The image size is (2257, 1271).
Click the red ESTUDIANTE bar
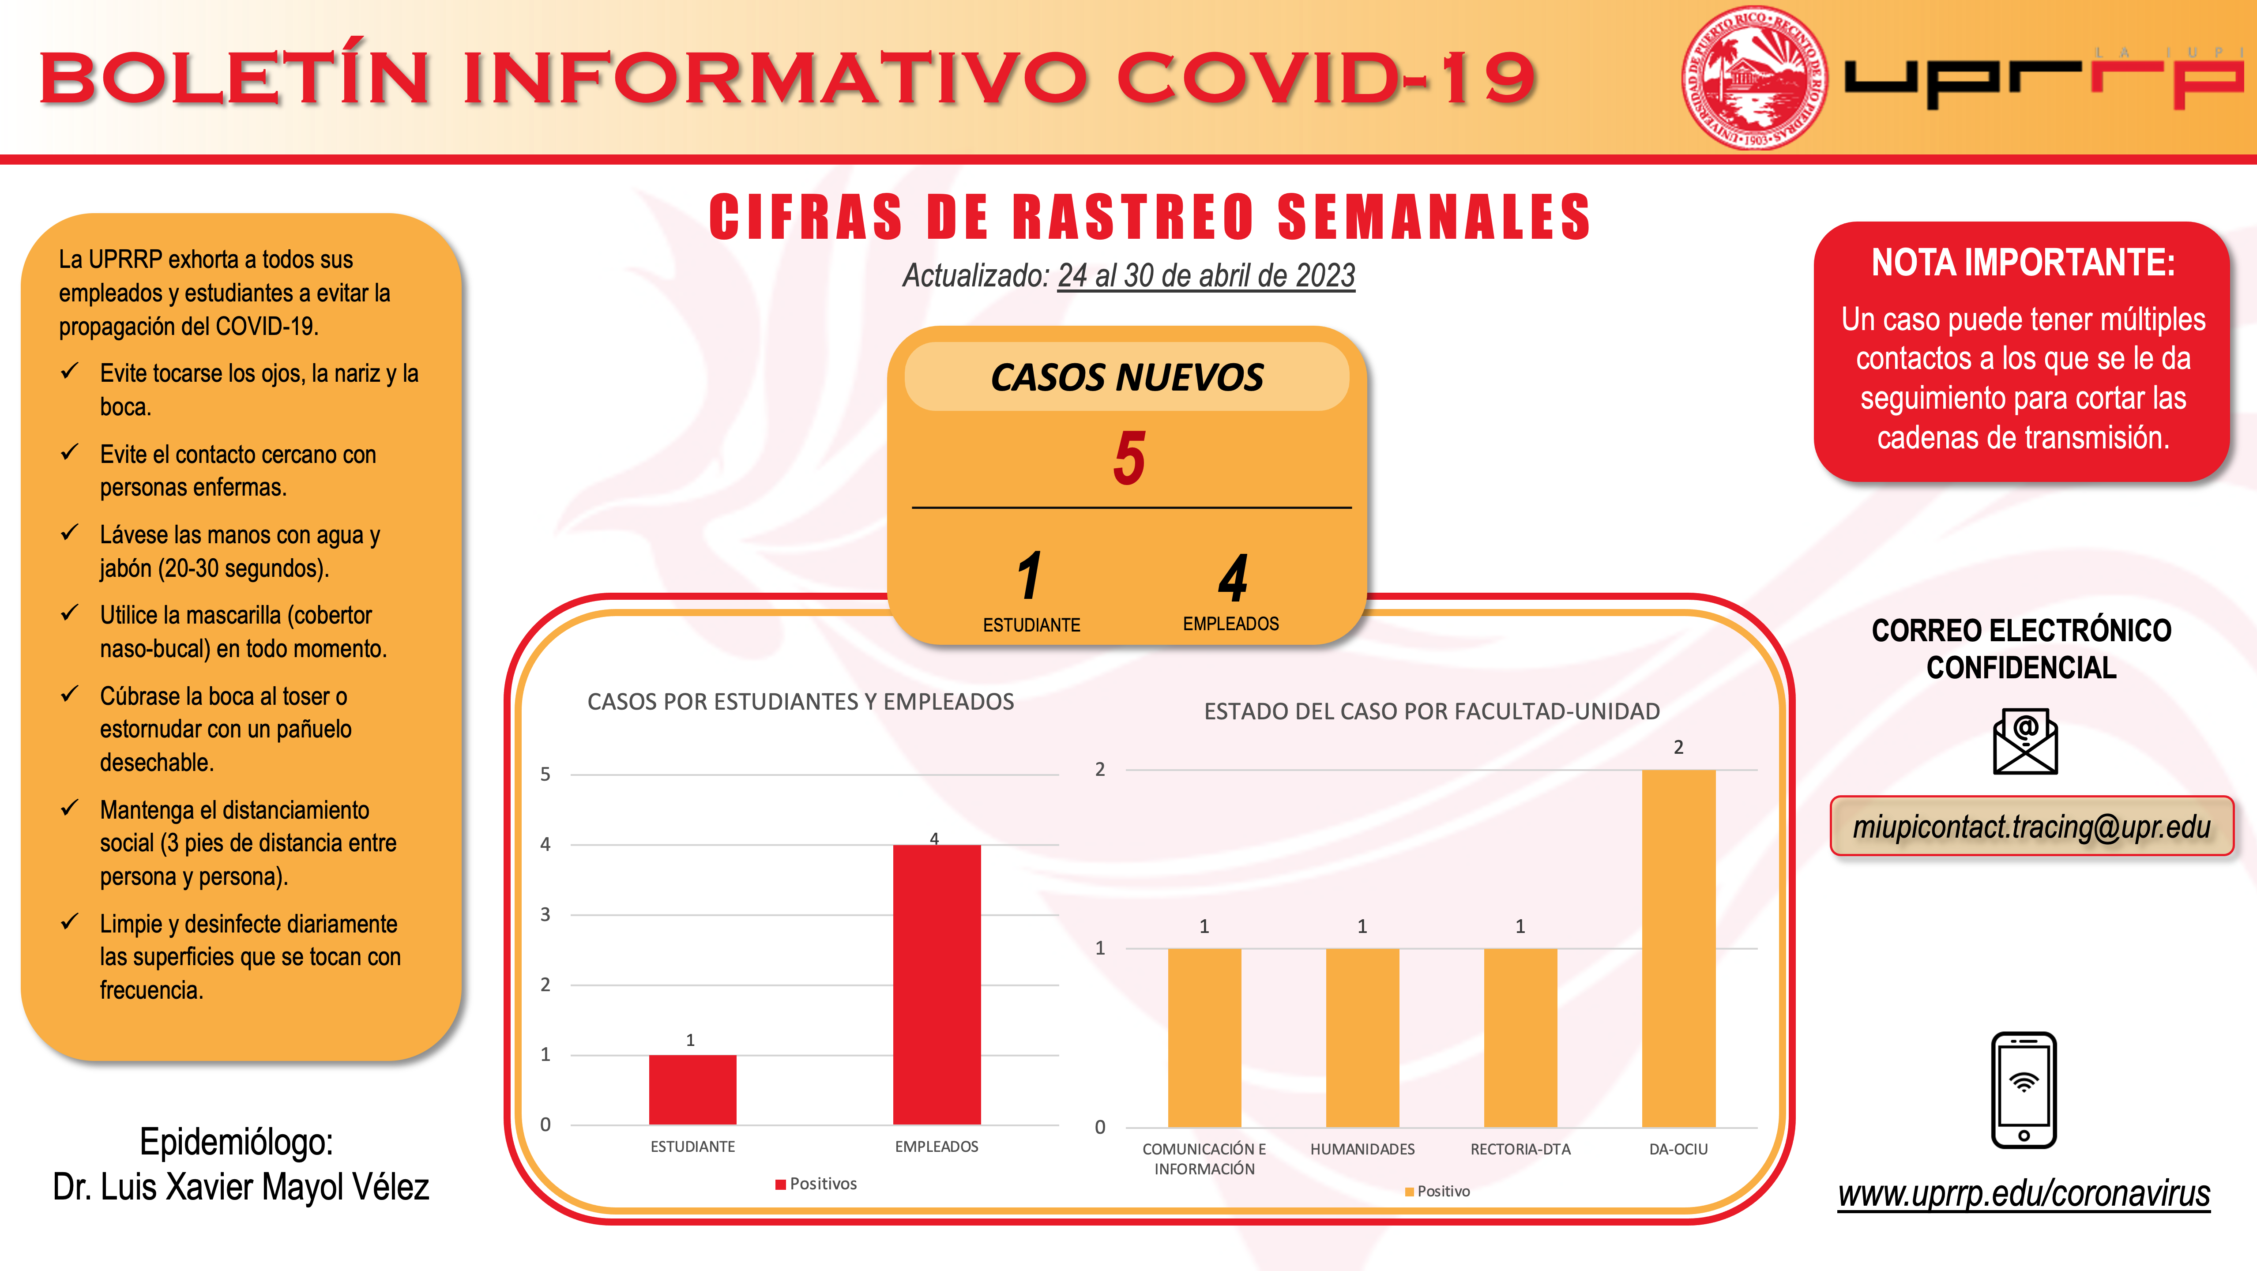[692, 1090]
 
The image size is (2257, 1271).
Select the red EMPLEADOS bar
[937, 985]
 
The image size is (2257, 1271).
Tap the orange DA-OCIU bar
[1678, 949]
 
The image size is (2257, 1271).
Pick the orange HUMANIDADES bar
[1362, 1038]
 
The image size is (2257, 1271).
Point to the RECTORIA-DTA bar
[1520, 1038]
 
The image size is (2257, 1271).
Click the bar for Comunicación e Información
[1204, 1038]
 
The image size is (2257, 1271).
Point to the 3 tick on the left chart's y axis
[545, 914]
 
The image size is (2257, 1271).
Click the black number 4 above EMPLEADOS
[1233, 577]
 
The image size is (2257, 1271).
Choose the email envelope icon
[2025, 741]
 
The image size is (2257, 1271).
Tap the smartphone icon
[2024, 1090]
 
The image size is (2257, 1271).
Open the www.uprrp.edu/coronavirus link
[2024, 1193]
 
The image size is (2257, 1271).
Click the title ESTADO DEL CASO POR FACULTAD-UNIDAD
[1432, 711]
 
